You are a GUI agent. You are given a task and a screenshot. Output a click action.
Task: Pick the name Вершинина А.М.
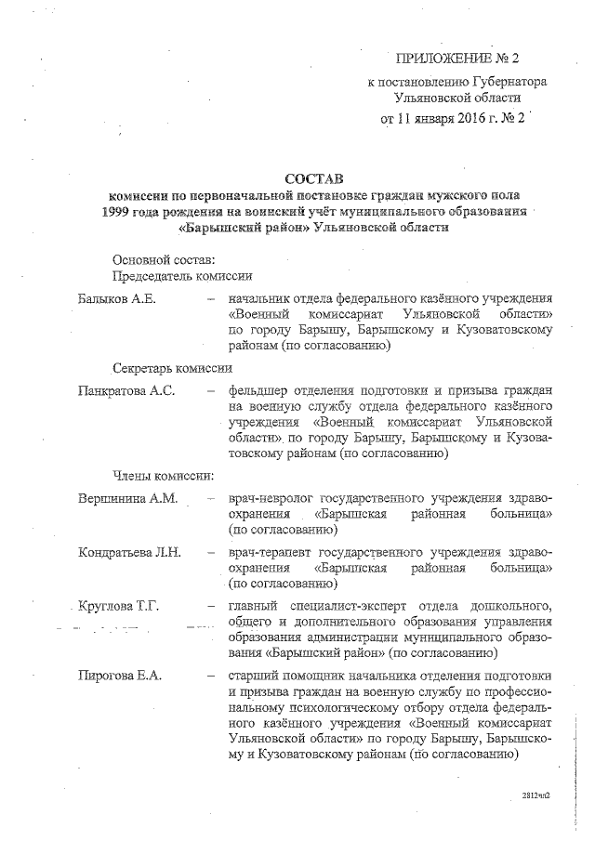click(x=127, y=497)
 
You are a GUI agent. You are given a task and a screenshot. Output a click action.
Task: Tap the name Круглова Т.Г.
click(x=119, y=606)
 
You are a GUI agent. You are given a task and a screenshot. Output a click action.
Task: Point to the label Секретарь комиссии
click(x=172, y=367)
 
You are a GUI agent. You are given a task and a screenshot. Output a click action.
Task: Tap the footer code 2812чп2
click(x=536, y=797)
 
